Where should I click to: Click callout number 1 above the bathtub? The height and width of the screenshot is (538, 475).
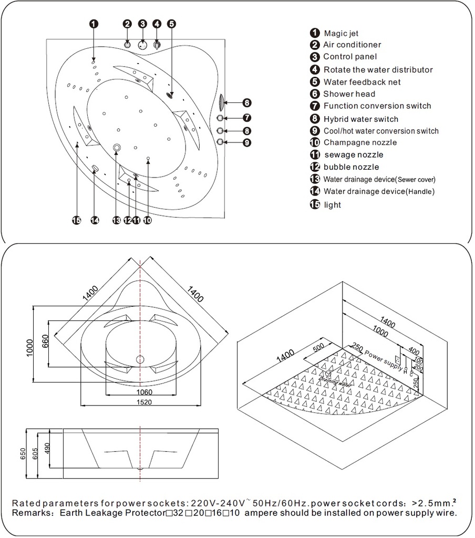93,24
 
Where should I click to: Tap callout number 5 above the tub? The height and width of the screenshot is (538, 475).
171,24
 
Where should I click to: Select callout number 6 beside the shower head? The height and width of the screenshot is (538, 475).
247,103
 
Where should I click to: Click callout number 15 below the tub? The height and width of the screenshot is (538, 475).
77,221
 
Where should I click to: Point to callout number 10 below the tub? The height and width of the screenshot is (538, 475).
148,221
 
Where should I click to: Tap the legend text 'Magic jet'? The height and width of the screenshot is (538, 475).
341,34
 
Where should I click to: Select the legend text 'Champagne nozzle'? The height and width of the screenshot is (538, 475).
360,142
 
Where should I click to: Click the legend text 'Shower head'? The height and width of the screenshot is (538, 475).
349,94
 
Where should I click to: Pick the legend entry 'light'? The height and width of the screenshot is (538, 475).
332,205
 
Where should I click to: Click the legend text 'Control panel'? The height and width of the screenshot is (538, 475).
350,57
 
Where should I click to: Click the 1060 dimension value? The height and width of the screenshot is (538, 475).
140,392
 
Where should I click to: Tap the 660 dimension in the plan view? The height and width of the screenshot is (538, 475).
45,344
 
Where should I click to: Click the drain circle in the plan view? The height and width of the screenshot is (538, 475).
140,360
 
